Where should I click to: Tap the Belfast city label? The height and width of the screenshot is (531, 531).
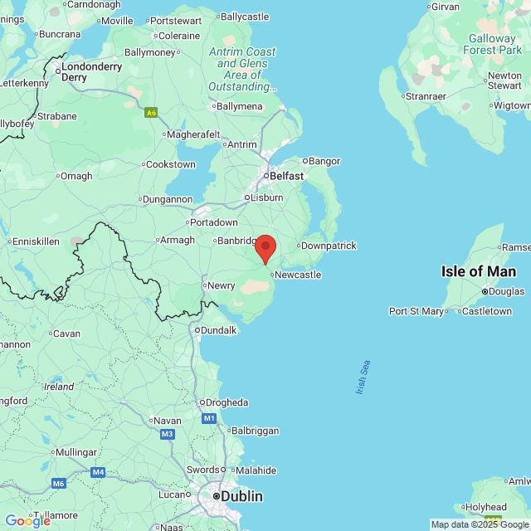pyautogui.click(x=285, y=176)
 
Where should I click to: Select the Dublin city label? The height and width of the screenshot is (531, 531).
pyautogui.click(x=241, y=496)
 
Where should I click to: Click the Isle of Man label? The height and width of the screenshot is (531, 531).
pyautogui.click(x=478, y=271)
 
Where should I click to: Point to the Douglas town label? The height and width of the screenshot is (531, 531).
pyautogui.click(x=506, y=291)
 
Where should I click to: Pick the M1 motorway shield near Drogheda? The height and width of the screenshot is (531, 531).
pyautogui.click(x=208, y=418)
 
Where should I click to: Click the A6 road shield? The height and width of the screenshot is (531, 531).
pyautogui.click(x=151, y=112)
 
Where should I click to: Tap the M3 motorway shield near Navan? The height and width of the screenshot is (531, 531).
pyautogui.click(x=168, y=434)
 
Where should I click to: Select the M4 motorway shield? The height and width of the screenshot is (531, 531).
pyautogui.click(x=99, y=472)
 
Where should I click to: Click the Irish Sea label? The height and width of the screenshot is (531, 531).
pyautogui.click(x=363, y=377)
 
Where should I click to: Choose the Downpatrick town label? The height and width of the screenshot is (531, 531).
pyautogui.click(x=329, y=246)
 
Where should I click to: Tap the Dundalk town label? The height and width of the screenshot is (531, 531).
pyautogui.click(x=217, y=329)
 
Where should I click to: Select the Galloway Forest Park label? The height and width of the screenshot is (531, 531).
pyautogui.click(x=492, y=44)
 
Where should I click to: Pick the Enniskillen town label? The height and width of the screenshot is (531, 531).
pyautogui.click(x=35, y=241)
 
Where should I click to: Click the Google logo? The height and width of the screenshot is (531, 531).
pyautogui.click(x=27, y=520)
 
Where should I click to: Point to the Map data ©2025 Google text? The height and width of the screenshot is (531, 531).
pyautogui.click(x=480, y=524)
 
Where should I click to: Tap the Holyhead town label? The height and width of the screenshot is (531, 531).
pyautogui.click(x=485, y=507)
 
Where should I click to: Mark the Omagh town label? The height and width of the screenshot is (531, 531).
pyautogui.click(x=77, y=175)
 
